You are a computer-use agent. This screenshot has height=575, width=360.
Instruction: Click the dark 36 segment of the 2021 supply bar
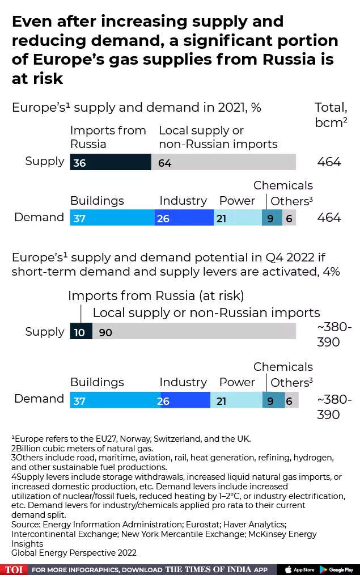click(x=111, y=162)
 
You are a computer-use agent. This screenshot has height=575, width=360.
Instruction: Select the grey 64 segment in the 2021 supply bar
click(x=223, y=162)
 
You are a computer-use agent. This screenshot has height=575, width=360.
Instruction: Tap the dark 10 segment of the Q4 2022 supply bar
click(x=81, y=332)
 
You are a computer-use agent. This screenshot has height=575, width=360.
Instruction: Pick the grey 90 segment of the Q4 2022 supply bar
click(x=194, y=332)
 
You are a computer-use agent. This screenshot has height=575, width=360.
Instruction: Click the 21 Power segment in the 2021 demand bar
click(x=238, y=218)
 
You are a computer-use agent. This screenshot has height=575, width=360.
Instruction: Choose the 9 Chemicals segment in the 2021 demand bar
click(x=272, y=218)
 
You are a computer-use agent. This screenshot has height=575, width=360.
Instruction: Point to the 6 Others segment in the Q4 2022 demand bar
click(x=292, y=400)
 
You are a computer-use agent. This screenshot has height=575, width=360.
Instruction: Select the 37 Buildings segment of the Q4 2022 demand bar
click(x=115, y=400)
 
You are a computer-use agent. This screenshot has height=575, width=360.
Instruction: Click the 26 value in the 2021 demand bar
click(x=163, y=218)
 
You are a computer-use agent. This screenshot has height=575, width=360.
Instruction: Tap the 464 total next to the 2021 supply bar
click(x=329, y=162)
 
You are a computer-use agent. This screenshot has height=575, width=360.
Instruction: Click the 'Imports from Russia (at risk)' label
click(x=156, y=295)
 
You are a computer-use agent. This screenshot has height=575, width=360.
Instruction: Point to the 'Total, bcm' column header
click(x=331, y=115)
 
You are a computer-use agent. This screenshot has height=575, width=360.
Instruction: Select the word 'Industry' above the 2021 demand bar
click(x=183, y=201)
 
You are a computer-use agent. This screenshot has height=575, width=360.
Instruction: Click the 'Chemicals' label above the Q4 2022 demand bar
click(x=283, y=367)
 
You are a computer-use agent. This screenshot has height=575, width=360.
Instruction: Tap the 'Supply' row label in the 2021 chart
click(x=45, y=162)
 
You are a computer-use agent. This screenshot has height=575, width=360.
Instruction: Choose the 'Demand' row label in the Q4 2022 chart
click(x=39, y=399)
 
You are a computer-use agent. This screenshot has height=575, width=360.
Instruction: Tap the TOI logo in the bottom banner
click(x=14, y=569)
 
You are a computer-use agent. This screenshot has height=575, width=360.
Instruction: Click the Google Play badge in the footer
click(x=337, y=569)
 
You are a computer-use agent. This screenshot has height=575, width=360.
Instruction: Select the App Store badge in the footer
click(x=300, y=569)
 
